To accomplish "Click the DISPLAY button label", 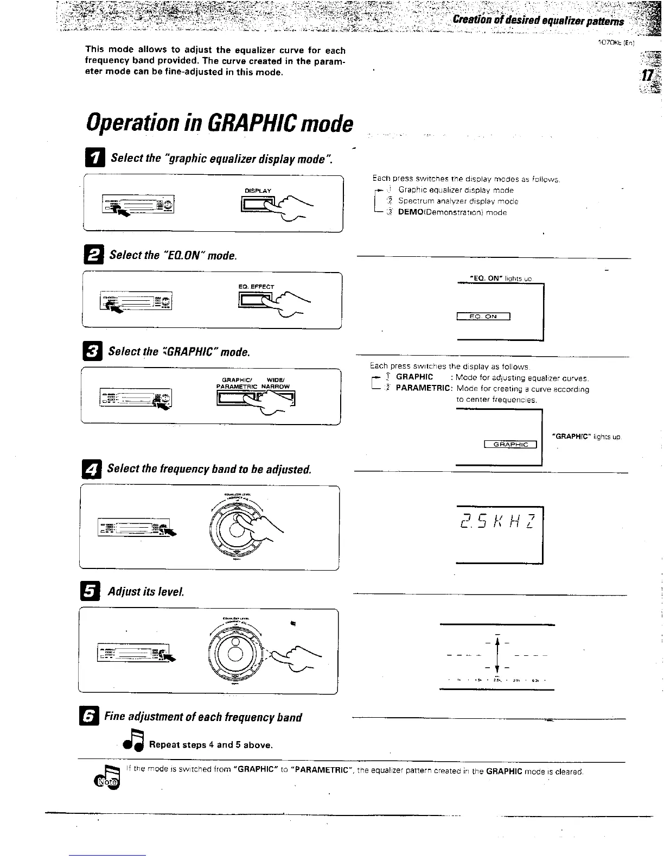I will click(258, 191).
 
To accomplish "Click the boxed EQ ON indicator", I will click(483, 317).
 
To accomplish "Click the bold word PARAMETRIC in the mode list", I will click(424, 389).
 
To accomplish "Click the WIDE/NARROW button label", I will click(276, 383).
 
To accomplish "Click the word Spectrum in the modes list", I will click(416, 201).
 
